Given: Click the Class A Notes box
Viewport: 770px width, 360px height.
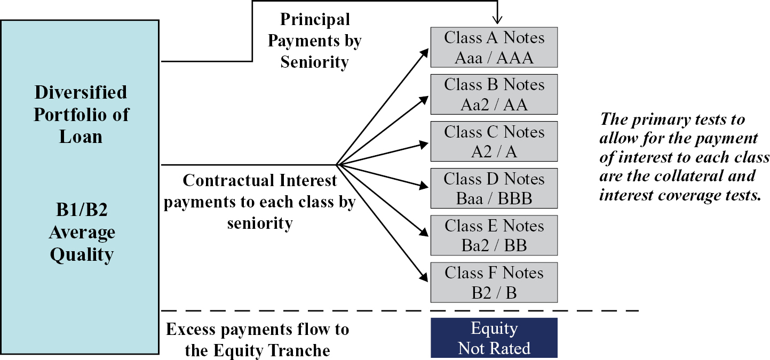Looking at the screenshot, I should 494,47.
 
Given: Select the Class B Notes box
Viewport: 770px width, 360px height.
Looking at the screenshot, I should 494,94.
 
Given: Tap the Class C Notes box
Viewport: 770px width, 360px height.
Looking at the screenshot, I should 494,141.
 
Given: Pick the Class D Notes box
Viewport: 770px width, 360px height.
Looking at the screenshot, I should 494,188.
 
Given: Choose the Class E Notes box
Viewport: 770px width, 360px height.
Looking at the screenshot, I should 494,235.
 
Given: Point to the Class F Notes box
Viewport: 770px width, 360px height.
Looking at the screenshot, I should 494,282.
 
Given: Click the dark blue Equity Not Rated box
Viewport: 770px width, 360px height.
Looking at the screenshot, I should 494,338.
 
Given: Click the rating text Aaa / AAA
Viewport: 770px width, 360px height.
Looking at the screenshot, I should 494,58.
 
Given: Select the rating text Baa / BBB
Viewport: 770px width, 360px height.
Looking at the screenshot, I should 494,198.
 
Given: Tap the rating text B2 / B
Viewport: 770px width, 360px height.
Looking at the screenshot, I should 494,293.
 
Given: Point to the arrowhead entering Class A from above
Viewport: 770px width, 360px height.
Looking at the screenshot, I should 497,20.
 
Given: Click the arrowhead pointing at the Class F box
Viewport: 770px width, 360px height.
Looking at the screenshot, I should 424,276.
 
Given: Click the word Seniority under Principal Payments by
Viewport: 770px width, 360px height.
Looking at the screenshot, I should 314,62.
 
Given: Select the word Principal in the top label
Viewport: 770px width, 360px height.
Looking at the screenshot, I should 315,20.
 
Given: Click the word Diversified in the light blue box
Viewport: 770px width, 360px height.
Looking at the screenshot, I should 81,92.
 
